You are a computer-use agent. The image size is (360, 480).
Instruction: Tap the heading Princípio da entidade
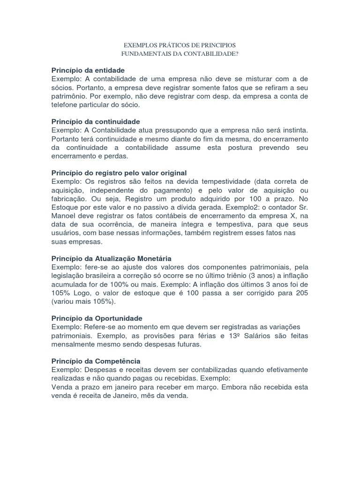click(x=88, y=70)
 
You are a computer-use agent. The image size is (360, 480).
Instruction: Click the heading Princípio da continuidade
click(x=96, y=121)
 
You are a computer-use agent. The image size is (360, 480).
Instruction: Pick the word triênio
click(x=242, y=275)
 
